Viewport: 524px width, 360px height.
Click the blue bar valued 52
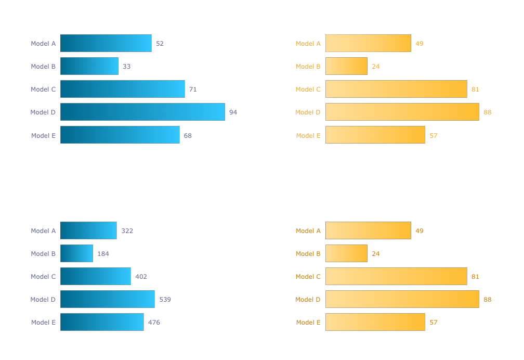pos(106,43)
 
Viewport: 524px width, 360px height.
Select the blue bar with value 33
pos(89,66)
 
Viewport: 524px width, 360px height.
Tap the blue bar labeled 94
pos(142,112)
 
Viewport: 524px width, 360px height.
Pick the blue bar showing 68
pos(120,135)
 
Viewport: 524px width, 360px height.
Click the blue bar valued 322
pos(88,230)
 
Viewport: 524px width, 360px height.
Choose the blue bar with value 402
pos(96,276)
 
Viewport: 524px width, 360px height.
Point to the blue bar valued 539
pos(108,299)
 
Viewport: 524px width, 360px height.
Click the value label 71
pos(193,89)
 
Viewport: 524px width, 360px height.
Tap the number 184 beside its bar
pos(103,254)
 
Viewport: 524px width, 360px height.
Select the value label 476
pos(154,323)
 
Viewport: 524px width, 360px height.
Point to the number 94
pos(233,112)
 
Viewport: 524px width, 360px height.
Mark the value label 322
pos(127,231)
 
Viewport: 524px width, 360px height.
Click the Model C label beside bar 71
pos(43,89)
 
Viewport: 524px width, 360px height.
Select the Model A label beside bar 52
pos(43,44)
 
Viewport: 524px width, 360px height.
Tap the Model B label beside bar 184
pos(43,254)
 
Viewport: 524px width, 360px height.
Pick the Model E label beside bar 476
pos(43,323)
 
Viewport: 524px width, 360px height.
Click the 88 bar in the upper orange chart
pos(402,112)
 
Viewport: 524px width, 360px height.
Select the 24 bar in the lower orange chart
pos(346,253)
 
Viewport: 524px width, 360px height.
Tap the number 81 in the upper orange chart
pos(475,89)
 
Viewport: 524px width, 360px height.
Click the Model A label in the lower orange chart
pos(308,231)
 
